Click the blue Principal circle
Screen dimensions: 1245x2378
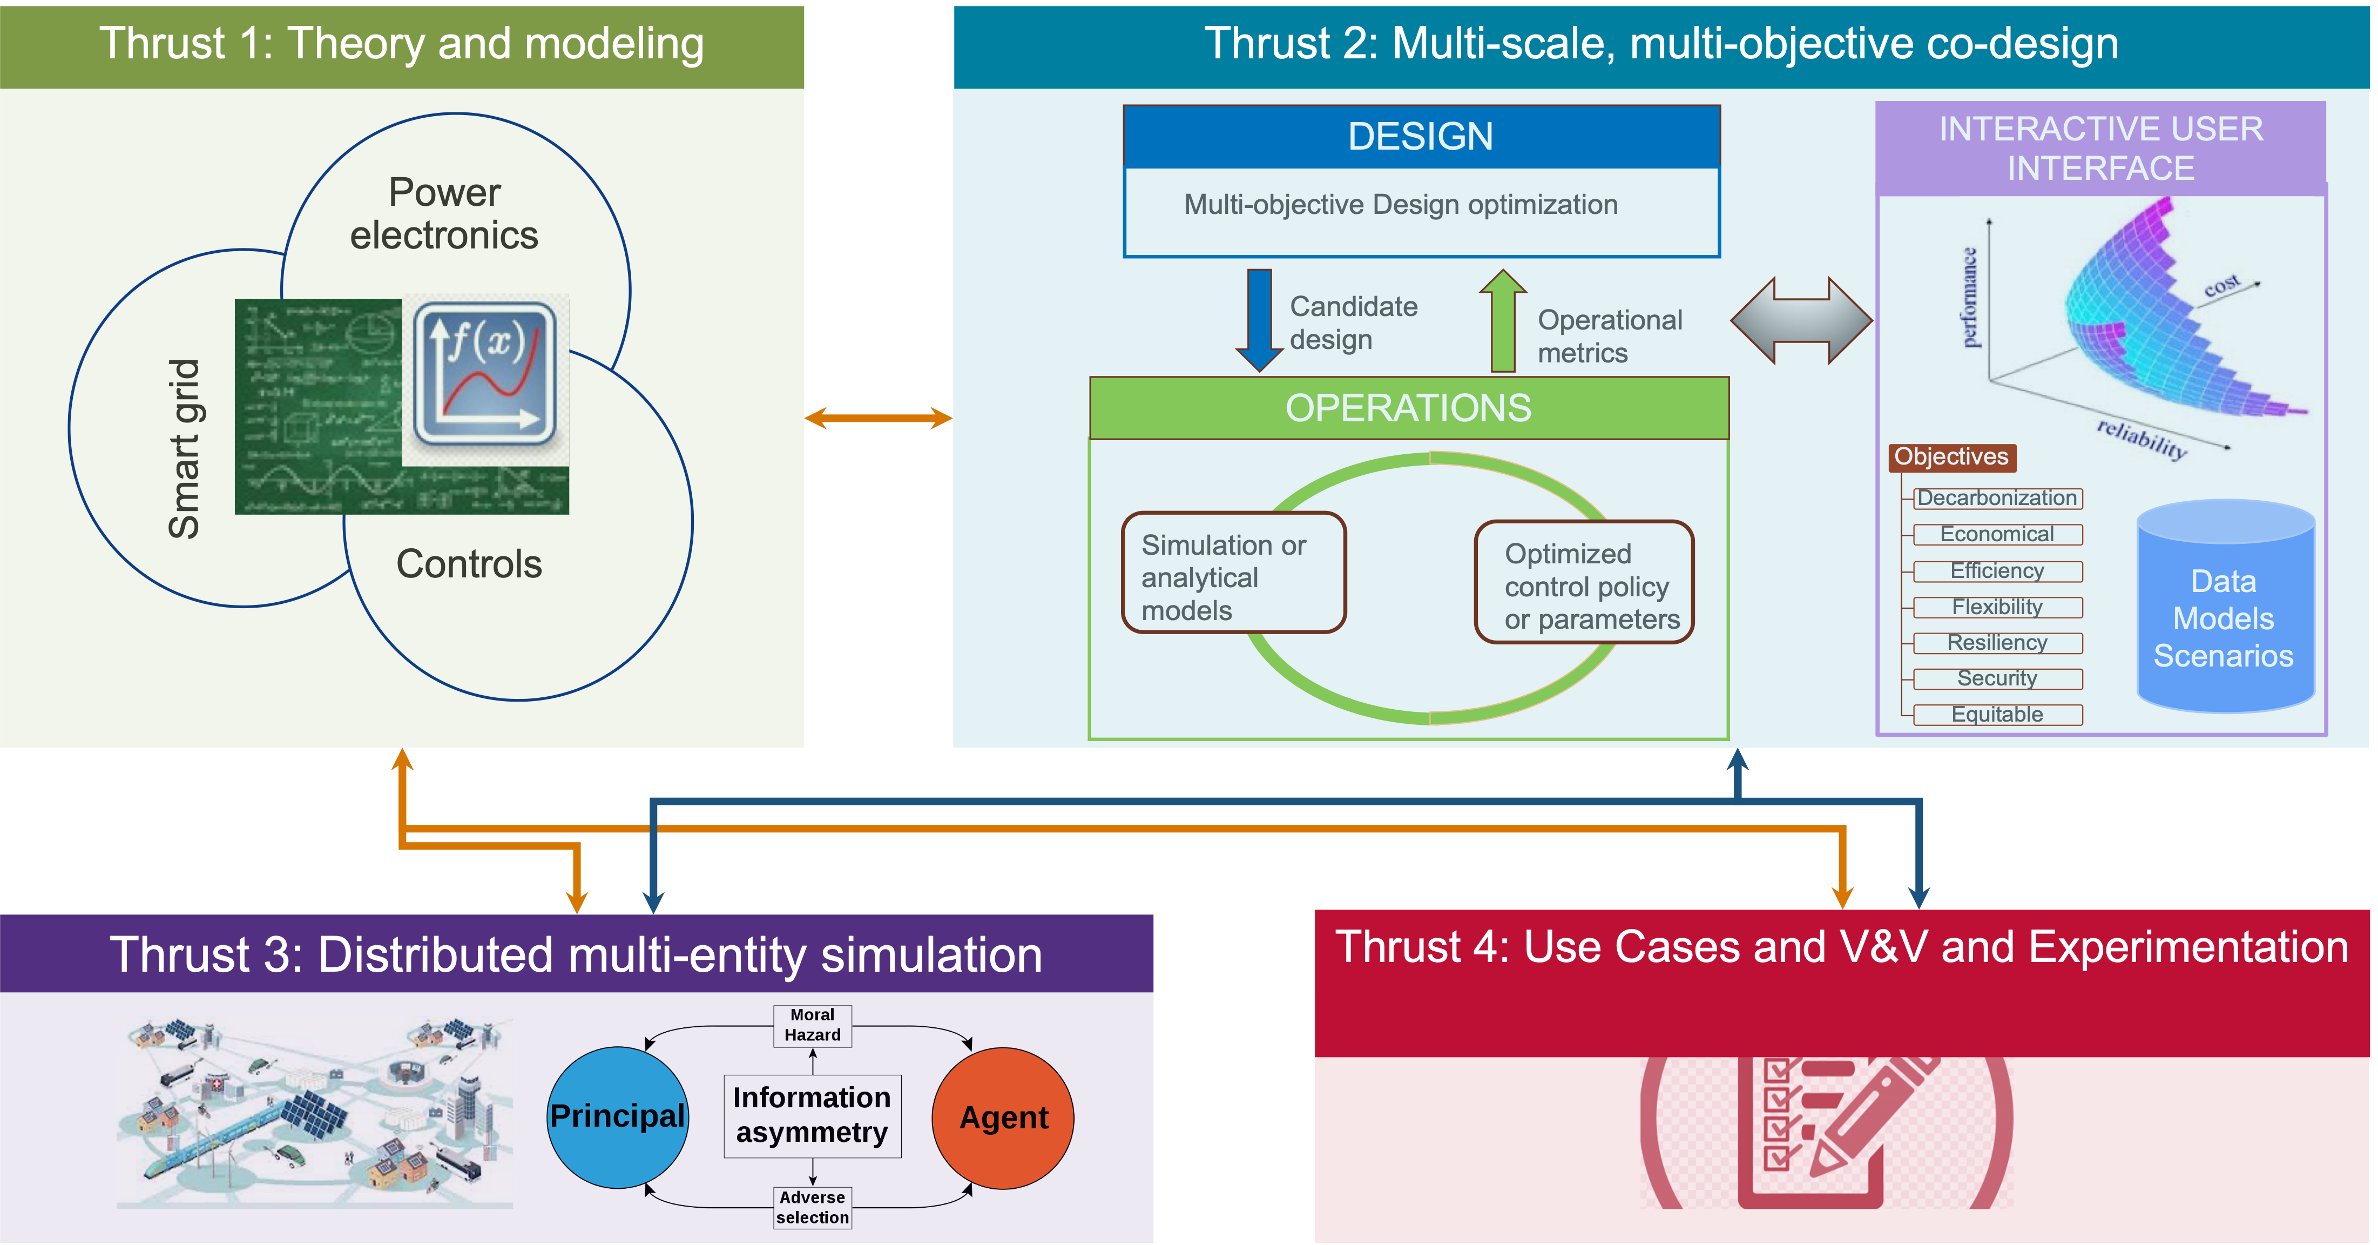[x=618, y=1116]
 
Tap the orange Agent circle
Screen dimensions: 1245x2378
[x=1003, y=1118]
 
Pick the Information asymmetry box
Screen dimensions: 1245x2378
[x=812, y=1115]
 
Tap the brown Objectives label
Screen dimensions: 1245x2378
[x=1951, y=457]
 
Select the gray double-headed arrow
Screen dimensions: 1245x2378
[x=1801, y=320]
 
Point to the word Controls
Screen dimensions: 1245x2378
[x=469, y=564]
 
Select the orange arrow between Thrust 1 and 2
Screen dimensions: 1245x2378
[x=878, y=419]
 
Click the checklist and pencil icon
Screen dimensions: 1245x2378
[x=1826, y=1132]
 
